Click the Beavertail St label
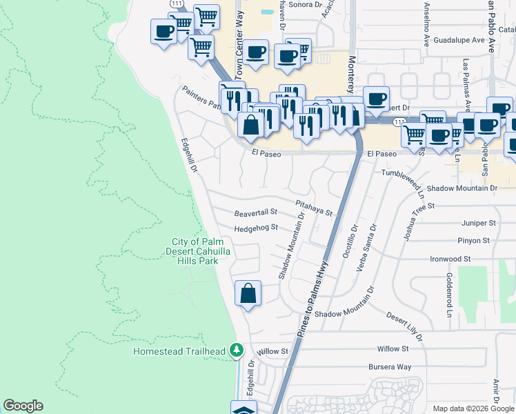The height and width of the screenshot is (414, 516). click(x=255, y=213)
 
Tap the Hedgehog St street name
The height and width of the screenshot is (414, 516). click(x=255, y=227)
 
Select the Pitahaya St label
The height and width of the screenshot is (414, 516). click(x=315, y=206)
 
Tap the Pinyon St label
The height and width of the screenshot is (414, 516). click(x=473, y=241)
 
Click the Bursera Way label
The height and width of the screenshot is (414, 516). click(x=390, y=367)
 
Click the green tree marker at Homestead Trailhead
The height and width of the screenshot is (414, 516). click(x=237, y=351)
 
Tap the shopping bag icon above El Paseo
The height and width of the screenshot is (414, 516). click(x=251, y=125)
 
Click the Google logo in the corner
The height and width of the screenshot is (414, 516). click(x=23, y=406)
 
